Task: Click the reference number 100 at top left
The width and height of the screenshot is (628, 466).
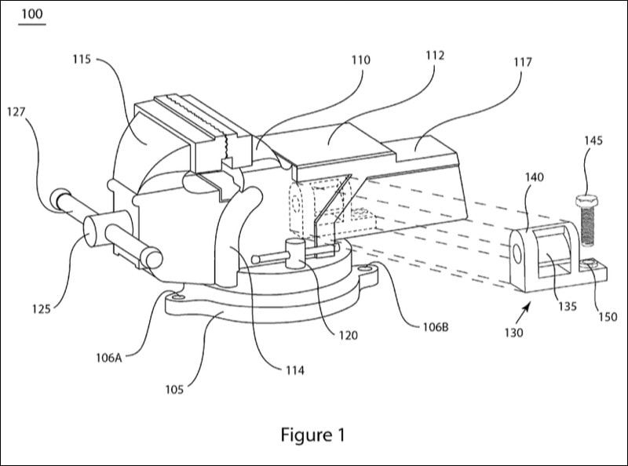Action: click(x=31, y=14)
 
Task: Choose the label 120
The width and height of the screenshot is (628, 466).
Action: click(x=347, y=335)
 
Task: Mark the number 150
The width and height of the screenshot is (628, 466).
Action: click(x=607, y=317)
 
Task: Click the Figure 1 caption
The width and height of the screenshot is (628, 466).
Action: click(x=313, y=434)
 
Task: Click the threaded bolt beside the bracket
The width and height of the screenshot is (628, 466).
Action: click(x=588, y=228)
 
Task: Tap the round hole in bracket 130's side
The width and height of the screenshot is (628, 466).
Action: click(x=518, y=252)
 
